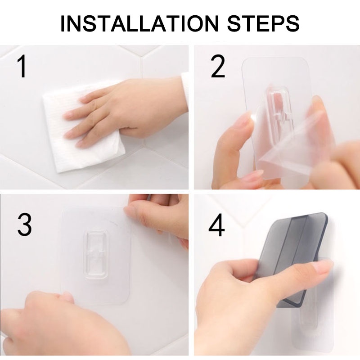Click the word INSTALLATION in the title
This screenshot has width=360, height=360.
(x=140, y=24)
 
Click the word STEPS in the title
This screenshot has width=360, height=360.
(x=263, y=24)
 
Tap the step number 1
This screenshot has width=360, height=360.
(x=22, y=67)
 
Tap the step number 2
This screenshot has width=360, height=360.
(x=217, y=67)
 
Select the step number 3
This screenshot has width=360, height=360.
(x=24, y=224)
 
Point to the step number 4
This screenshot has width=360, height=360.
(x=216, y=225)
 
